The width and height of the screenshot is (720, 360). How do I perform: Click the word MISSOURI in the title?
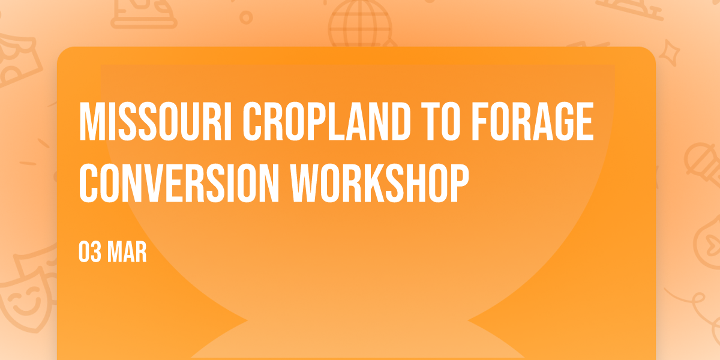pyautogui.click(x=155, y=121)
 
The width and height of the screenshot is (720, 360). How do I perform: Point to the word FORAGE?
pyautogui.click(x=533, y=121)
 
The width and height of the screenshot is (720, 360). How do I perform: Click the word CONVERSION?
pyautogui.click(x=179, y=183)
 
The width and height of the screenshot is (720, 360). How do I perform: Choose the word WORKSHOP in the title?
pyautogui.click(x=380, y=183)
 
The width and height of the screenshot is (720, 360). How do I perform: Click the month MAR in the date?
pyautogui.click(x=127, y=252)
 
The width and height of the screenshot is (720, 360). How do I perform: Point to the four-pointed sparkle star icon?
pyautogui.click(x=669, y=53)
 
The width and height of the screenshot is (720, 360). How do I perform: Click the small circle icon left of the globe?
pyautogui.click(x=246, y=17)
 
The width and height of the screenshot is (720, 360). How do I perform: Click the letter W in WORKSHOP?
pyautogui.click(x=304, y=183)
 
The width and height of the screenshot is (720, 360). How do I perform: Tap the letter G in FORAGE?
pyautogui.click(x=563, y=121)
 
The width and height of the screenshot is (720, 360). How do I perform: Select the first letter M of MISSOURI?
pyautogui.click(x=91, y=121)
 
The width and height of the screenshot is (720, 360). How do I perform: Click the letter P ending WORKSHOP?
pyautogui.click(x=459, y=183)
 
